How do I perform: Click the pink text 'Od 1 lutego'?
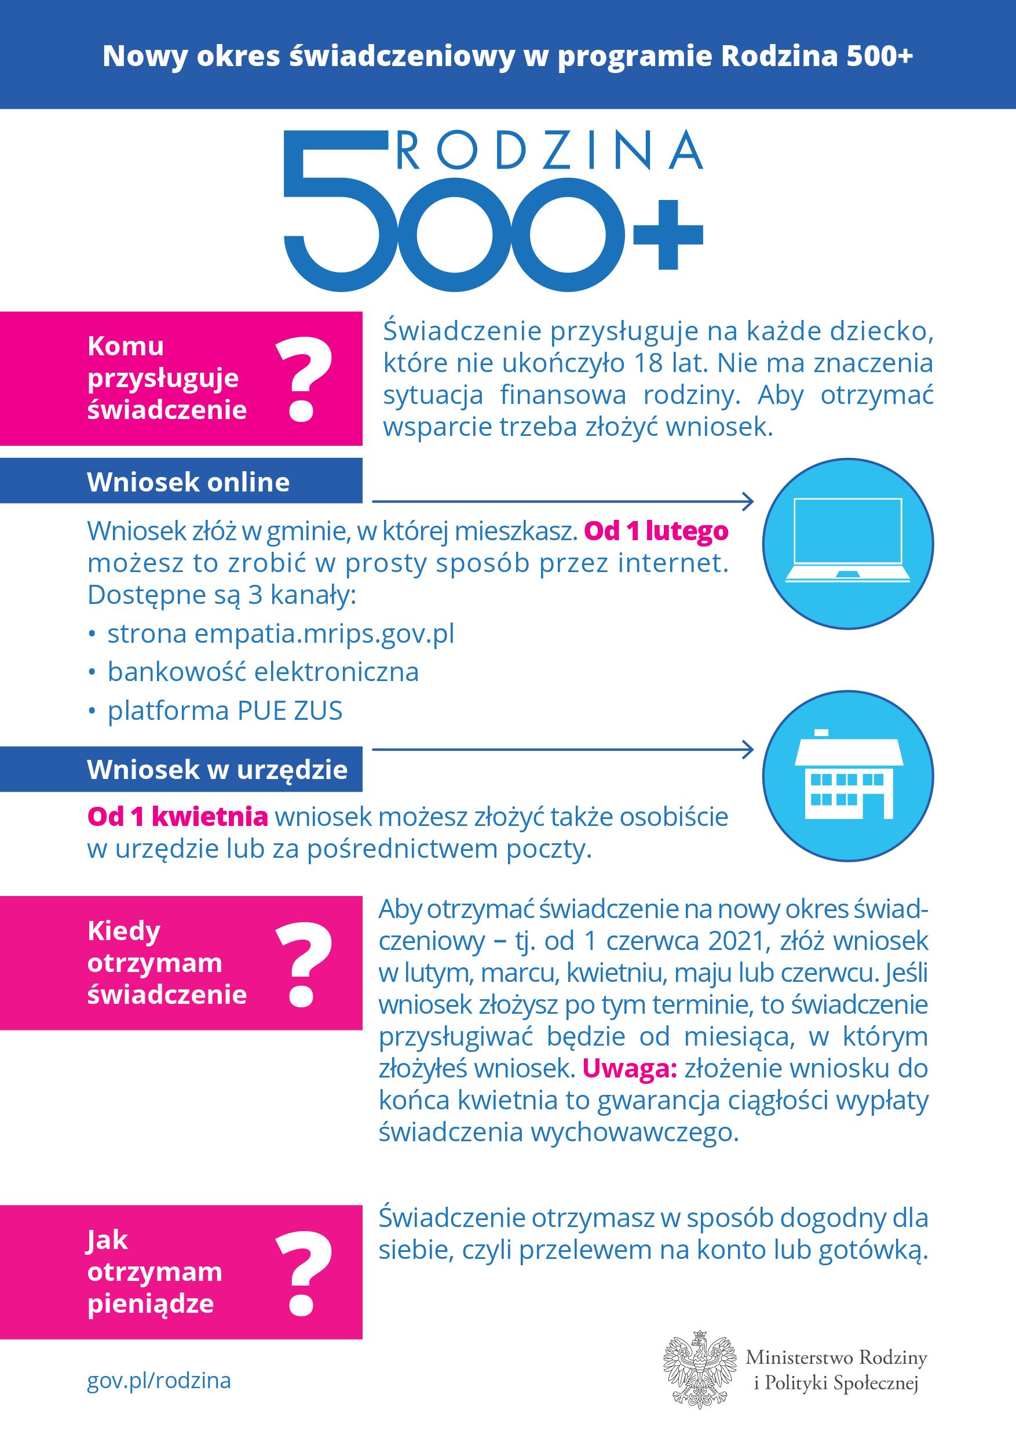point(656,531)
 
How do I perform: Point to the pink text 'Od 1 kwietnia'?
point(178,817)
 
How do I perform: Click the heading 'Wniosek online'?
point(188,482)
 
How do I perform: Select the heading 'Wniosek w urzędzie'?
point(217,770)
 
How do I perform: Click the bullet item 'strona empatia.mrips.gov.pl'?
point(280,634)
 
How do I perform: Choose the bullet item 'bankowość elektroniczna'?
point(263,672)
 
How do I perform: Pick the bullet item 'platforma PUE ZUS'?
point(225,711)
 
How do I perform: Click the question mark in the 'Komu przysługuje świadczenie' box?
point(303,380)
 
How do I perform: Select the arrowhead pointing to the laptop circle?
point(747,501)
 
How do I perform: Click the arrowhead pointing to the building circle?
point(747,749)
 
